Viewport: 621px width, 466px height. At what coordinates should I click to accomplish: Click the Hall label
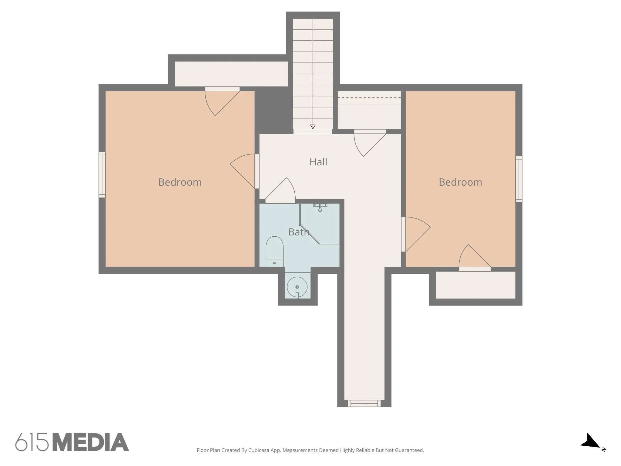click(318, 162)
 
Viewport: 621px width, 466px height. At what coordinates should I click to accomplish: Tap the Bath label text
click(299, 232)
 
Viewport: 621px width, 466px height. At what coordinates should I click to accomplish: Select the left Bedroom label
click(180, 182)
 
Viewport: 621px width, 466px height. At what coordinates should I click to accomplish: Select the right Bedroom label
click(460, 182)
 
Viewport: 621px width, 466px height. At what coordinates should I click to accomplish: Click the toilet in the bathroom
click(274, 252)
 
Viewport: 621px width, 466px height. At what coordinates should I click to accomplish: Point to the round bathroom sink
click(297, 287)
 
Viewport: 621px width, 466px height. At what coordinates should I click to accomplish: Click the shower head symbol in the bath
click(320, 207)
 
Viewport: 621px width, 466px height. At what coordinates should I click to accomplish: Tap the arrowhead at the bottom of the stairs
click(313, 127)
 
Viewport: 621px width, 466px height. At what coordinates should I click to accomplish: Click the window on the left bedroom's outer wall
click(102, 175)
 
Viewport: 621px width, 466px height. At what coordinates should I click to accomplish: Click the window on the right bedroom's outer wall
click(519, 179)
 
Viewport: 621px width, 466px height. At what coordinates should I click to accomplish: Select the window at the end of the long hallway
click(364, 403)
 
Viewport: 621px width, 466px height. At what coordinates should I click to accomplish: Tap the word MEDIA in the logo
click(91, 442)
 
